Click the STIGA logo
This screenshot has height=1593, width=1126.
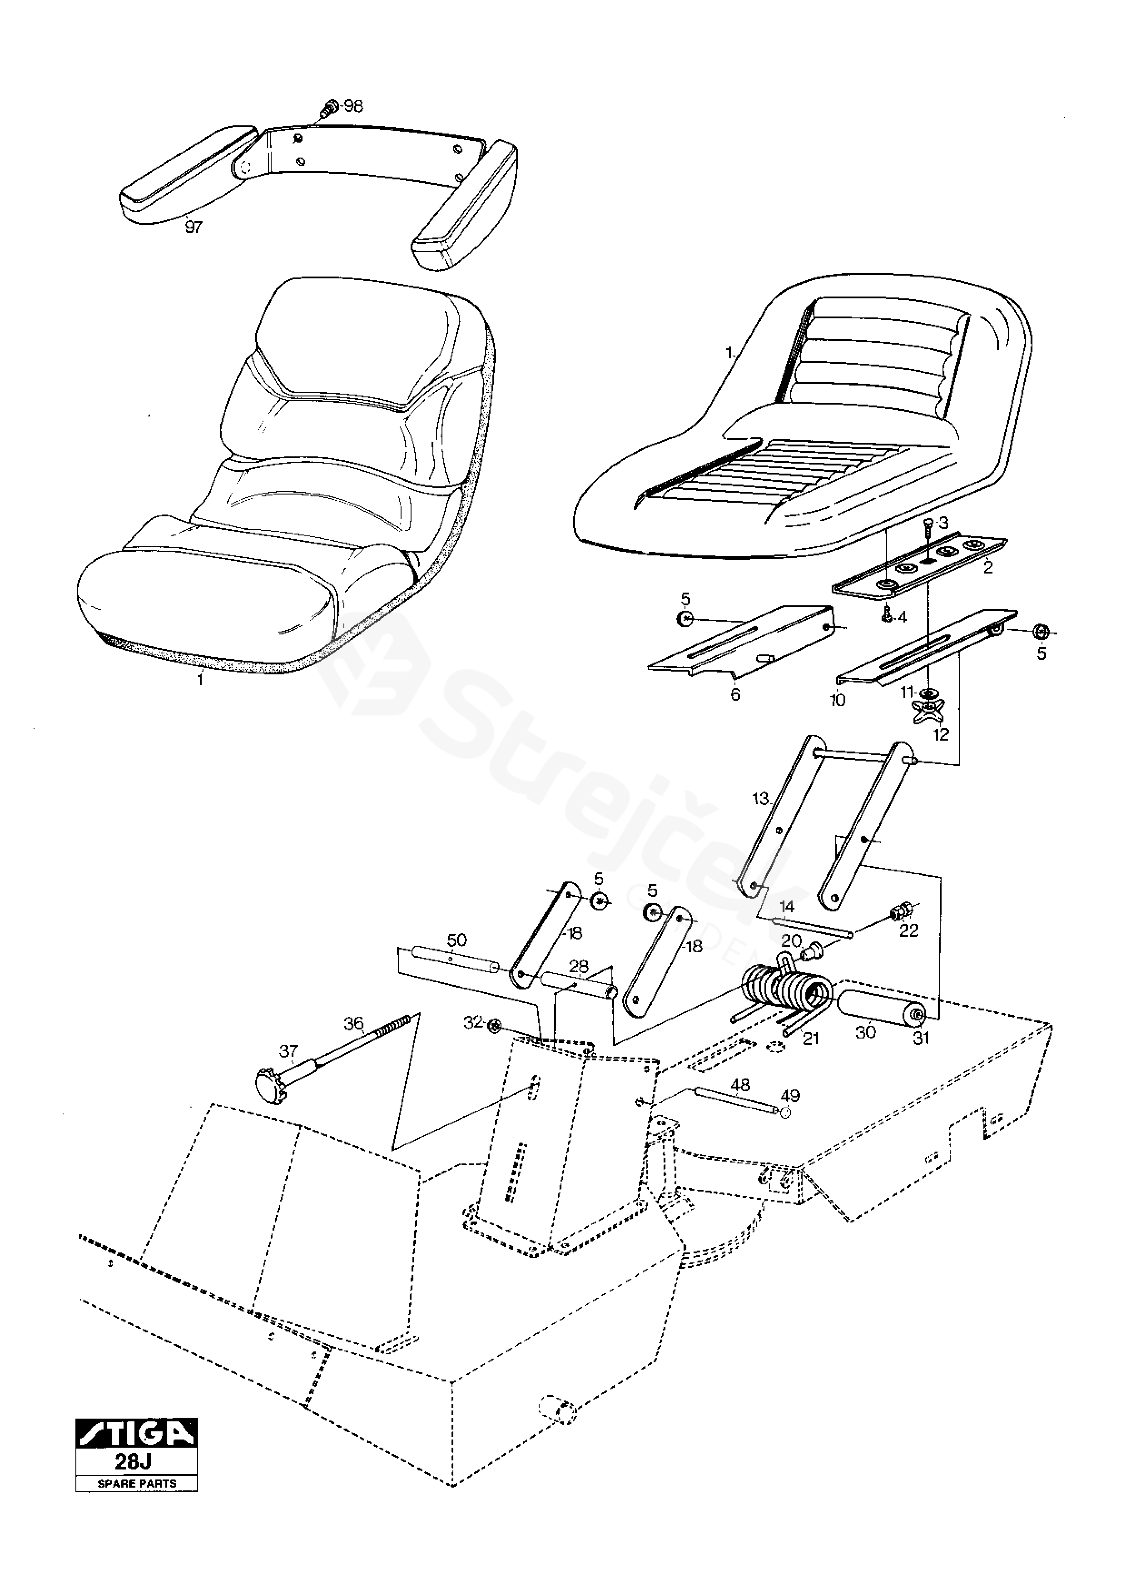[137, 1434]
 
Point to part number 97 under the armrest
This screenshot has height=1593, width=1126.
[193, 227]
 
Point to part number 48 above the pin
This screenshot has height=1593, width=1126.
[740, 1084]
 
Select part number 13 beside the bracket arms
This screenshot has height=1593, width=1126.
[761, 799]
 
